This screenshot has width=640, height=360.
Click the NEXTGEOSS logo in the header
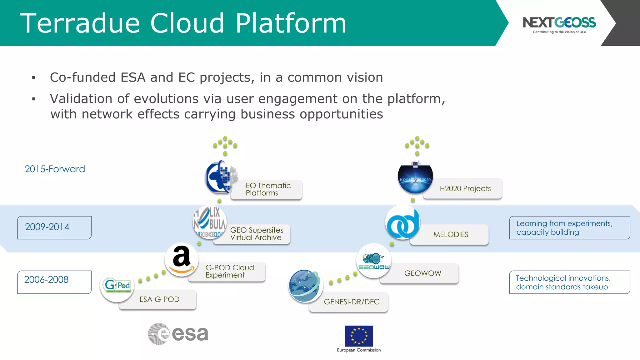(559, 24)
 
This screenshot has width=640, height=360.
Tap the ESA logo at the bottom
(178, 334)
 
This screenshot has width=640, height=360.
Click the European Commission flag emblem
(359, 336)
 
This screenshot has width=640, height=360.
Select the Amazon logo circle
(182, 259)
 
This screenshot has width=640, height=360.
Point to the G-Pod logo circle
(117, 285)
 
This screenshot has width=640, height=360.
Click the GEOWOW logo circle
(374, 261)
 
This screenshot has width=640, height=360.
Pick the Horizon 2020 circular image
(415, 178)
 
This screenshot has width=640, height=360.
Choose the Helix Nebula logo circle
(210, 222)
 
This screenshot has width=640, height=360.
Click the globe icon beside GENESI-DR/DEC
(305, 286)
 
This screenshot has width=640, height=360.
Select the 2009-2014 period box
(54, 227)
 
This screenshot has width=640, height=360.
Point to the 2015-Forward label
(55, 169)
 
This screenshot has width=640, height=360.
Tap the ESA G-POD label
(159, 299)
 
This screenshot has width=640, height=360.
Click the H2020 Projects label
(465, 189)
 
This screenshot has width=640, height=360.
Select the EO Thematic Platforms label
(268, 189)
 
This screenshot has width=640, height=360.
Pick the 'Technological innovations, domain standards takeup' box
(569, 282)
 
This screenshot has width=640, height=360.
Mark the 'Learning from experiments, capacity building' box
(569, 227)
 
